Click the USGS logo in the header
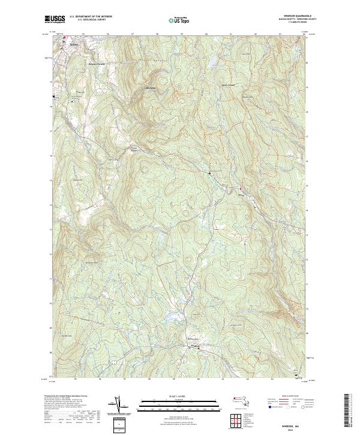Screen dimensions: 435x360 click(55, 19)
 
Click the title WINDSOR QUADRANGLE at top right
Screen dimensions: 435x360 click(289, 16)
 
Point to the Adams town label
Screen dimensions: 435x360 click(74, 44)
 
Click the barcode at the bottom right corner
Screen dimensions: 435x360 click(347, 413)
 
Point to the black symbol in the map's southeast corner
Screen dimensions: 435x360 click(295, 374)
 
